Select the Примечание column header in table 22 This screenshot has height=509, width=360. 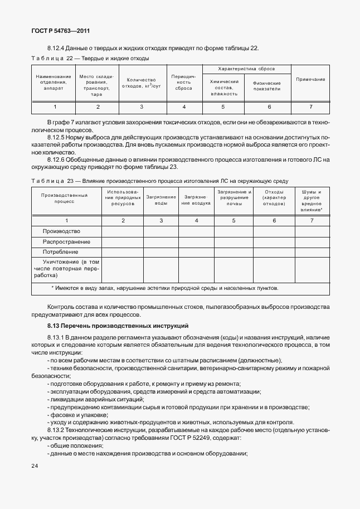(x=310, y=80)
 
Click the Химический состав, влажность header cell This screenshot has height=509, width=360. (x=224, y=88)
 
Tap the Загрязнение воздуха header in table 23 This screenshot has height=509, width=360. (x=196, y=201)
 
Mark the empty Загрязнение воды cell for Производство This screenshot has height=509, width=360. (x=161, y=231)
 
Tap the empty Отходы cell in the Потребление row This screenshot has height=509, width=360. (x=274, y=252)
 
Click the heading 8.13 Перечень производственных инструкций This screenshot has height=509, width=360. (x=118, y=325)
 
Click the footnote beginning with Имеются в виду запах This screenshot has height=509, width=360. (x=164, y=288)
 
